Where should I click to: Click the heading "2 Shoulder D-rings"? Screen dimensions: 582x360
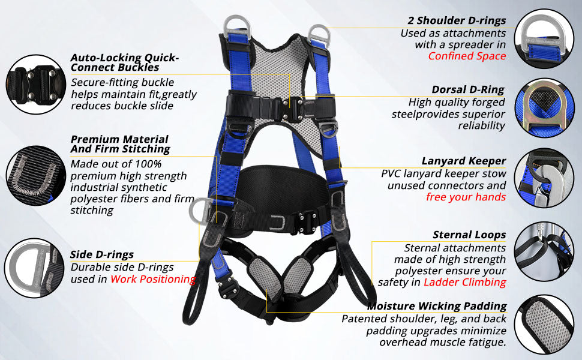click(x=457, y=20)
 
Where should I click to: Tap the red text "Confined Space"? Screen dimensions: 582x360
click(x=467, y=56)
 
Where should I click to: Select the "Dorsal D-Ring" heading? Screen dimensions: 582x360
click(x=468, y=90)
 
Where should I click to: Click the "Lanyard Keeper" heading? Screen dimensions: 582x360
click(x=464, y=161)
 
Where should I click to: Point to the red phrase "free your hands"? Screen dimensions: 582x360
click(x=466, y=197)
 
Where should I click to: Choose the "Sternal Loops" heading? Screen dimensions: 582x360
click(x=469, y=235)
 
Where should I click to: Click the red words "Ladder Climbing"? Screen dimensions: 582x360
click(x=465, y=283)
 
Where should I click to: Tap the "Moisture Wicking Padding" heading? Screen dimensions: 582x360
click(x=437, y=306)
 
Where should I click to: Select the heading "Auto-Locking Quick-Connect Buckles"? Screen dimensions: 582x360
click(x=124, y=62)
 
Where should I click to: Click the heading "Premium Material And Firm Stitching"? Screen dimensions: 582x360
click(x=120, y=144)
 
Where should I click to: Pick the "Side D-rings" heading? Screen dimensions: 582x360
click(x=102, y=254)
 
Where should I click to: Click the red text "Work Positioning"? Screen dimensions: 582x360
click(x=153, y=279)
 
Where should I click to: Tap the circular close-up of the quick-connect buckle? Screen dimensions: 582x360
click(x=36, y=84)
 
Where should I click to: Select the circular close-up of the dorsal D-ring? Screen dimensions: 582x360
click(x=544, y=108)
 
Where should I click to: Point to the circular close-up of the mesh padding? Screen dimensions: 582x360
click(x=545, y=325)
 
